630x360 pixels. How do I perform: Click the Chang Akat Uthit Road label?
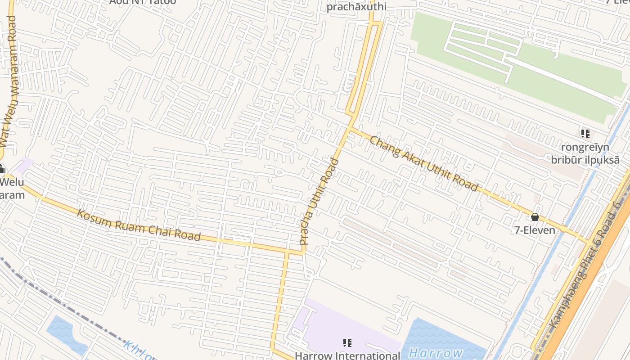point(423,163)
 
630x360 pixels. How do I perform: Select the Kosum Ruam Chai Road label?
point(139,225)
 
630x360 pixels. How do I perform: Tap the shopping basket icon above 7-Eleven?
point(535,217)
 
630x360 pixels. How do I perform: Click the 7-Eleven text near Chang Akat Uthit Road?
point(535,230)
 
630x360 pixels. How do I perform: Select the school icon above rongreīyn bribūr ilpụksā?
point(585,134)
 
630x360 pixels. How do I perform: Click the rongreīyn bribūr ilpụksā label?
point(585,153)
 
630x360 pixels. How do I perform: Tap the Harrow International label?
point(347,355)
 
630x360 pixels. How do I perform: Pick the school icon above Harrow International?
point(347,343)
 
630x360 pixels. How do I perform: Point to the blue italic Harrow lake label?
point(436,353)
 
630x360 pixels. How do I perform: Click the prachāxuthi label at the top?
point(356,7)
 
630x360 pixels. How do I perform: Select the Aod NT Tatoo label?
point(143,2)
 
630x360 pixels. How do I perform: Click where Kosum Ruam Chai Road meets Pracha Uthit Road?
point(303,252)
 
